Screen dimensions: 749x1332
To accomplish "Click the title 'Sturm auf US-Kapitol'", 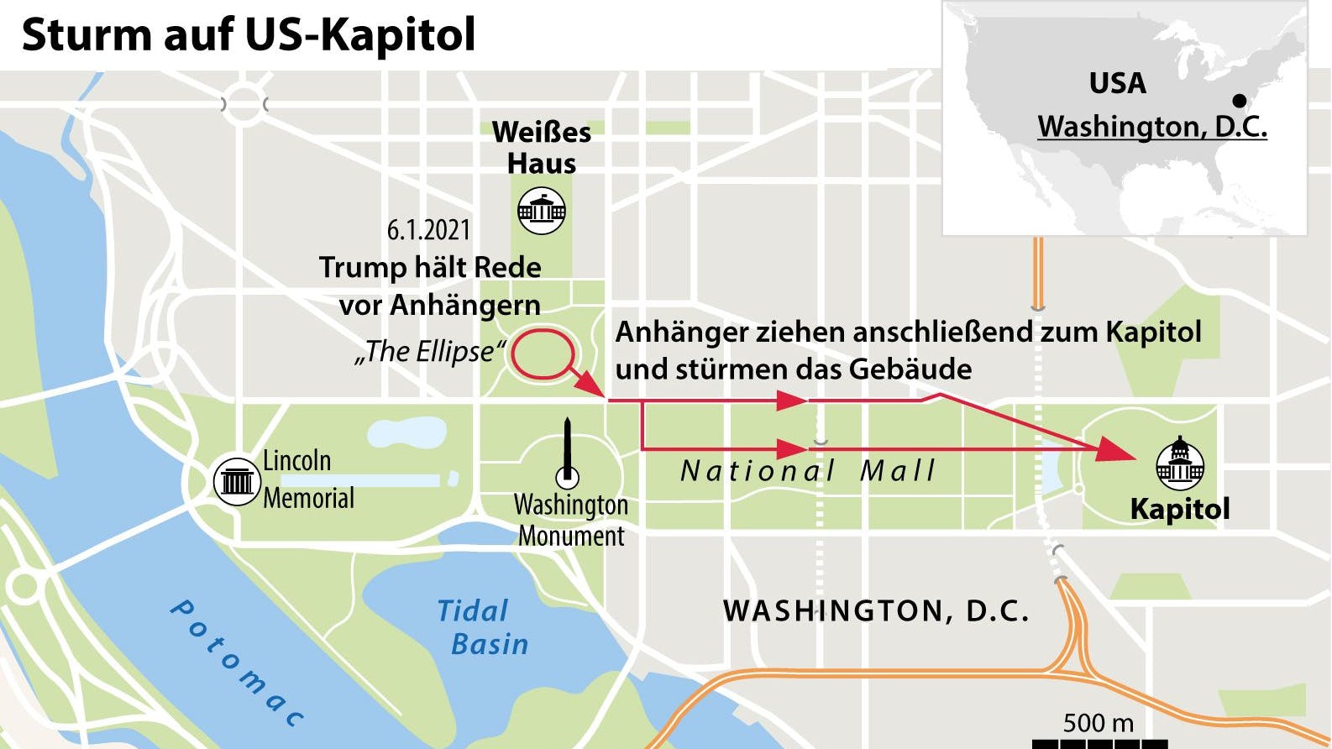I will coord(249,35).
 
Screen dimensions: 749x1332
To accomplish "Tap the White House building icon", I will coord(542,210).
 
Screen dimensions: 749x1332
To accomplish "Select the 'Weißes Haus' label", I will coord(542,147).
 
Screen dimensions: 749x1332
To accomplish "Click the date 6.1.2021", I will coord(428,230).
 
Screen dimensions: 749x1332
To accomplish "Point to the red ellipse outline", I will coord(543,354).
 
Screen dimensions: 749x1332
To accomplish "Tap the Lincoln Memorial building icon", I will coord(236,481).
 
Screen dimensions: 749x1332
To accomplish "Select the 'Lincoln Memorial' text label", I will coord(308,479).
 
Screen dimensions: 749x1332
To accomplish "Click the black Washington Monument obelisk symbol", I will coord(569,451).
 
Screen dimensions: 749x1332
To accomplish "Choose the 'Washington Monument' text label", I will coord(571,520).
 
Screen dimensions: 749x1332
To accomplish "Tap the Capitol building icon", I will coord(1180,464).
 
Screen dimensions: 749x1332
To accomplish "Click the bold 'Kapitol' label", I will coord(1180,509).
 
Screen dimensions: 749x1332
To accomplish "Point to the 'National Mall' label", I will coord(807,471).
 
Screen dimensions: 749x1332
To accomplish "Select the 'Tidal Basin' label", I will coord(481,627).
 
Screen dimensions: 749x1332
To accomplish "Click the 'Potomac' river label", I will coord(237,663).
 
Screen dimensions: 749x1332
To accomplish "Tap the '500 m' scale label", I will coord(1098,723).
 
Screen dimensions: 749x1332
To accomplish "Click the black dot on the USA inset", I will coord(1240,101).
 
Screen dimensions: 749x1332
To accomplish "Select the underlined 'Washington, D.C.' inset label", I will coord(1152,126).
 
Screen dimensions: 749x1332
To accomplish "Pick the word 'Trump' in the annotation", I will coord(362,268).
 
